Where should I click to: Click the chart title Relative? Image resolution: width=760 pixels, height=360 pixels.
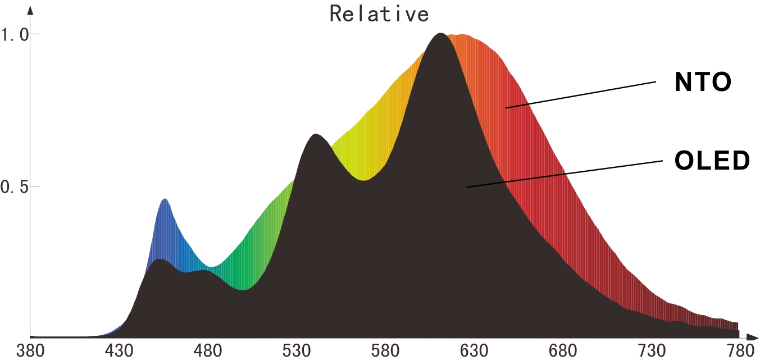point(379,13)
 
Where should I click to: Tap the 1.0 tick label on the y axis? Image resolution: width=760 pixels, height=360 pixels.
point(15,35)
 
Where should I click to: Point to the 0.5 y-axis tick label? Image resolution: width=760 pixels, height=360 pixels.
point(15,187)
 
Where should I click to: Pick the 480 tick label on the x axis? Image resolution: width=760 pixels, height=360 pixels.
point(208,351)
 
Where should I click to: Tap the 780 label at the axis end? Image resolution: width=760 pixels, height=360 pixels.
point(735,351)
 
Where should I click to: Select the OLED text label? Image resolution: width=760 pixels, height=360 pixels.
point(712,161)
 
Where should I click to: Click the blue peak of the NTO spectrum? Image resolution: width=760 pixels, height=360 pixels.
point(165,200)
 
